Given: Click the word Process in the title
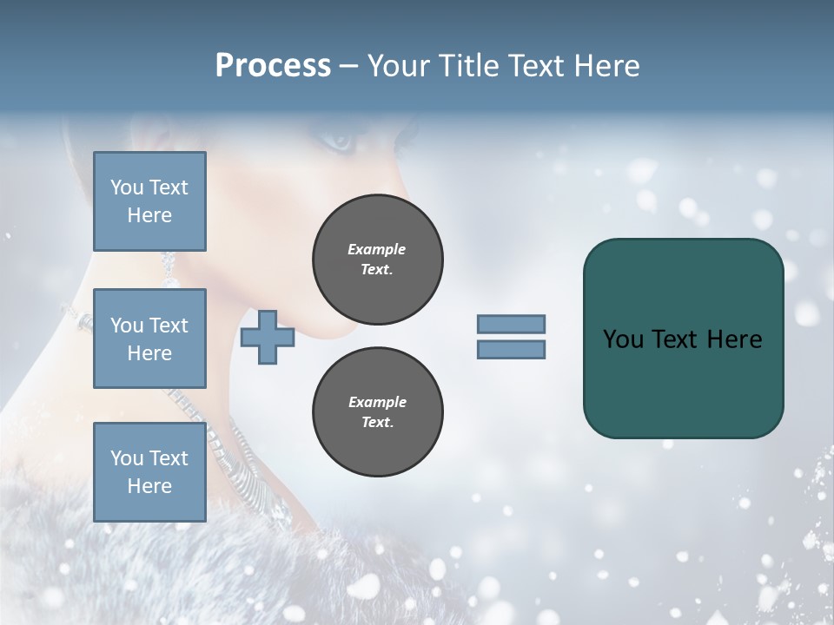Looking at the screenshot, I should (x=273, y=66).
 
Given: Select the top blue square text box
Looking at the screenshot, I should (x=149, y=201).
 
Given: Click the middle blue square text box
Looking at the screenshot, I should (x=149, y=339).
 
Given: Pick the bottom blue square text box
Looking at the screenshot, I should (x=149, y=472).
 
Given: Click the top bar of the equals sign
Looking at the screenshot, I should (x=511, y=324).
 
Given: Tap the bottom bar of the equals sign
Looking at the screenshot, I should (x=511, y=350).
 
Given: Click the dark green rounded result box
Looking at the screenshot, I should (x=683, y=382).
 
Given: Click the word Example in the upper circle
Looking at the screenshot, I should (x=377, y=249).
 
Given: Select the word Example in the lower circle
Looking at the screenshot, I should (x=377, y=402).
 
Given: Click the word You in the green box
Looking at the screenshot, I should (x=622, y=339).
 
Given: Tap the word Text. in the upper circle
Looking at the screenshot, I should (x=377, y=269).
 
